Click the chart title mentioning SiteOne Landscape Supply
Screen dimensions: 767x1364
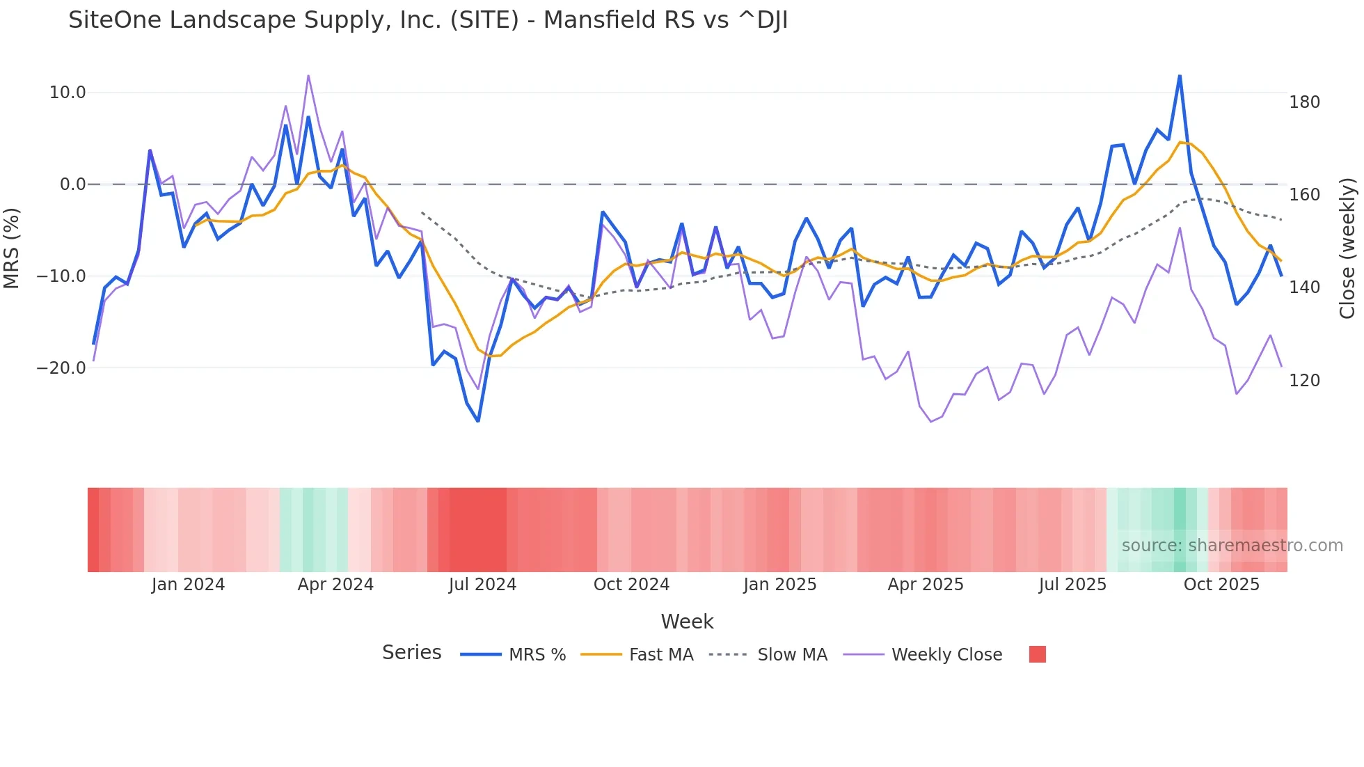[427, 20]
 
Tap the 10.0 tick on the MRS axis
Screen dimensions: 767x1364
[68, 93]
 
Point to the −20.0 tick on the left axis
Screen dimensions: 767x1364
[62, 368]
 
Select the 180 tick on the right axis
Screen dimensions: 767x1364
[1304, 102]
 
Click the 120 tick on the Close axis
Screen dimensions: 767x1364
[1304, 381]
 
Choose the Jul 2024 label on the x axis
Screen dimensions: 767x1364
[482, 585]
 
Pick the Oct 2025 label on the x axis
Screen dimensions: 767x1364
[1221, 585]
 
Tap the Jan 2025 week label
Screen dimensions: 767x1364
[779, 585]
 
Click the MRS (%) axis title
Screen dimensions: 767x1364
[12, 248]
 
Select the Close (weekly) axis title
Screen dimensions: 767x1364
[1347, 248]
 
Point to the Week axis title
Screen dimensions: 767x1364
[687, 622]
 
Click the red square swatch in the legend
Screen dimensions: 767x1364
[1037, 654]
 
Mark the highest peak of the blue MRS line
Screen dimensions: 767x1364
[1180, 75]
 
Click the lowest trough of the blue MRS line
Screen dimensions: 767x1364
[478, 421]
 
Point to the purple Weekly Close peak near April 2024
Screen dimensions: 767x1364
[308, 75]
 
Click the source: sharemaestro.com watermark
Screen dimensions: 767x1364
[1232, 546]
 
